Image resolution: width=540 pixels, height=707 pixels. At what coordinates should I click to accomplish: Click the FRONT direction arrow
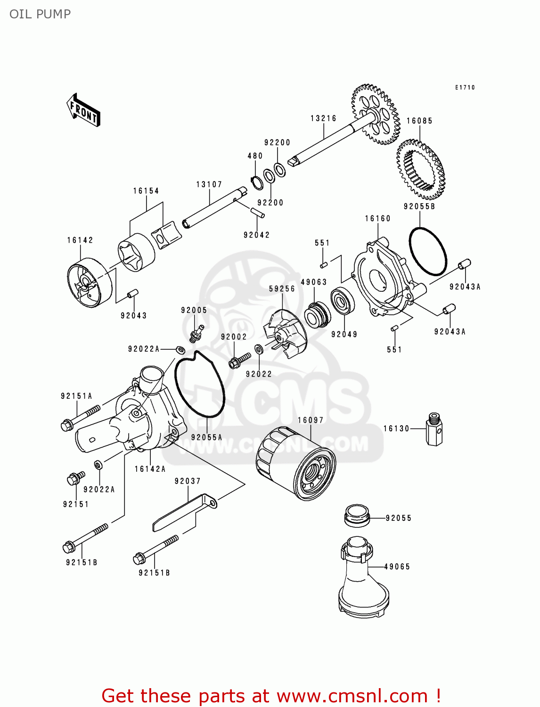pyautogui.click(x=84, y=110)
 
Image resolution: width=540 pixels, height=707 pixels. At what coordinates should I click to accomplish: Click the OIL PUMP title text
pyautogui.click(x=40, y=14)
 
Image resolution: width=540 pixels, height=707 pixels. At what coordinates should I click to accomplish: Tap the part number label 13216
pyautogui.click(x=323, y=118)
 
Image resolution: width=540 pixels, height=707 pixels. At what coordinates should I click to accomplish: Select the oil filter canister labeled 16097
pyautogui.click(x=296, y=464)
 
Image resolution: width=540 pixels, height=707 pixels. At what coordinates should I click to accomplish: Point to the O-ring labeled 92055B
pyautogui.click(x=427, y=251)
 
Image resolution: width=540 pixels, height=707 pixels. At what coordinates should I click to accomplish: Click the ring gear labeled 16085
pyautogui.click(x=420, y=169)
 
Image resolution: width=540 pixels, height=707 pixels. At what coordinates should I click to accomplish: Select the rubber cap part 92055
pyautogui.click(x=357, y=515)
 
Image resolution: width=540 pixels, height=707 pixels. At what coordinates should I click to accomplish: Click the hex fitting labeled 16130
pyautogui.click(x=434, y=429)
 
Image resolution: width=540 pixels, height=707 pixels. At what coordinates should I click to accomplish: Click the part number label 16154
pyautogui.click(x=146, y=191)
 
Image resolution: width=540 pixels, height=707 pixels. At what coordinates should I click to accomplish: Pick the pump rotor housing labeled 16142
pyautogui.click(x=89, y=283)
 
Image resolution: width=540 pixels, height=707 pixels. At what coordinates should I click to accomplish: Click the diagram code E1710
pyautogui.click(x=465, y=87)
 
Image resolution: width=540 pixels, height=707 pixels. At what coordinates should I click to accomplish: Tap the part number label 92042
pyautogui.click(x=256, y=235)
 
